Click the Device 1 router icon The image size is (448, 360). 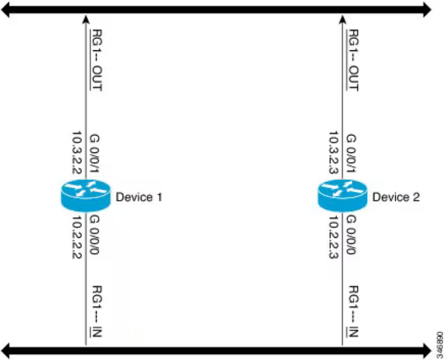[x=85, y=196]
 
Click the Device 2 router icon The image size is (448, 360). [x=342, y=196]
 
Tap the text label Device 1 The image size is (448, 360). [x=139, y=197]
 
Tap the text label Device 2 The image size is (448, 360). [x=396, y=197]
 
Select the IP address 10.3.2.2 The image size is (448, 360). [x=76, y=152]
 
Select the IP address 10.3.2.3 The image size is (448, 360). [x=333, y=152]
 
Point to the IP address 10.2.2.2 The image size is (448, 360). [x=76, y=237]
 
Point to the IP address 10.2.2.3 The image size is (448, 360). [x=333, y=237]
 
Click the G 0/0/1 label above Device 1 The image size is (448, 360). [x=94, y=154]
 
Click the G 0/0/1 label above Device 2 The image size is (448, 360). [x=351, y=154]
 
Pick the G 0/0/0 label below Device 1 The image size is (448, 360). [x=94, y=235]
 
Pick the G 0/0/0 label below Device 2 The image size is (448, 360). [x=351, y=235]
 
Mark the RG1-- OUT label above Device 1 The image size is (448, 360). [x=96, y=60]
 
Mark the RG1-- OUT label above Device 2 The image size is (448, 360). [x=353, y=60]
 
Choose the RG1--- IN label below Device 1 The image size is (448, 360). [x=96, y=311]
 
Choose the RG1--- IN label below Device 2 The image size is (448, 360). [x=353, y=311]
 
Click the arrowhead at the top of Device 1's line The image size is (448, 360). [x=86, y=19]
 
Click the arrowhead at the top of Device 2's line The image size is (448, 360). [x=342, y=19]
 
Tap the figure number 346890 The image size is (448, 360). [x=440, y=345]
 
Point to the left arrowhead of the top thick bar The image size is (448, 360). [x=6, y=10]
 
